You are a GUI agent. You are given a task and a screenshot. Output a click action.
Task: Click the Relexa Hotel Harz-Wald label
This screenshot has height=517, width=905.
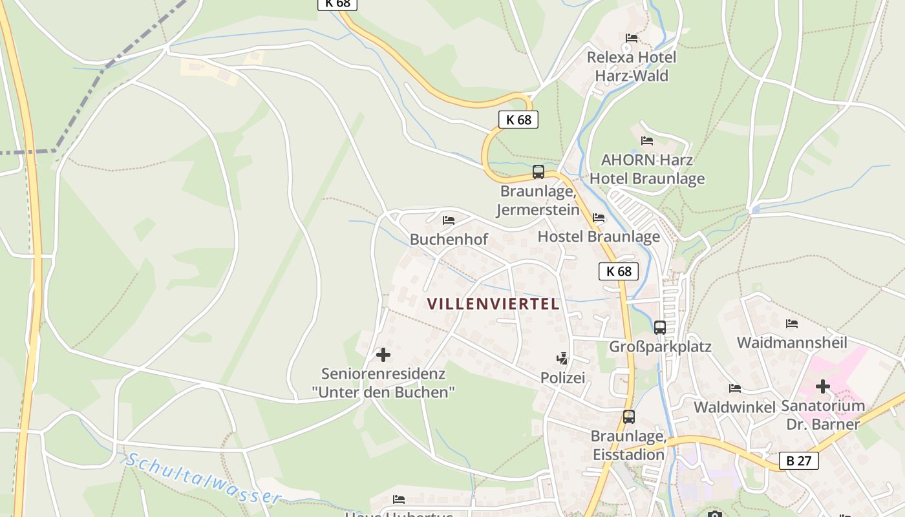click(x=632, y=67)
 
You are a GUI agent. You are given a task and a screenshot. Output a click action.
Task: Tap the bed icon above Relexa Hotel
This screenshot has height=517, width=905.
click(x=632, y=38)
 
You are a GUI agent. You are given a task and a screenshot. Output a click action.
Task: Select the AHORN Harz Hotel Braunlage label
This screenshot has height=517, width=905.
click(x=647, y=169)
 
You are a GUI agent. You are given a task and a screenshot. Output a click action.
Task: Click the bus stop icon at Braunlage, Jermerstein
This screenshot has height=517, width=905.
click(x=538, y=172)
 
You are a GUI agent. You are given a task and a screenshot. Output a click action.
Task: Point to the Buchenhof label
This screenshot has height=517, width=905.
click(x=449, y=240)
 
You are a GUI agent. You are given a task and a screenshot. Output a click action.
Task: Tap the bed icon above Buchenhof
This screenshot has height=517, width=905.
click(x=449, y=220)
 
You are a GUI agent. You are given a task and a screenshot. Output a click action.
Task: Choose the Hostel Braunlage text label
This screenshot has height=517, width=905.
click(x=599, y=237)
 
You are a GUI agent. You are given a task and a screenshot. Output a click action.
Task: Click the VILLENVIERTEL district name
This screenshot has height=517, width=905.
click(x=493, y=304)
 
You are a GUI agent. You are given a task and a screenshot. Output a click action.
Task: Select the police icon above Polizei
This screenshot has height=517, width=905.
click(x=562, y=359)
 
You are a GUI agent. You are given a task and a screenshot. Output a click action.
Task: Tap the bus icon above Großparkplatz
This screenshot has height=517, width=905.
click(x=660, y=328)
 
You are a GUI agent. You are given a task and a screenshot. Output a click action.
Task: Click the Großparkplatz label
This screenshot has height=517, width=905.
click(x=660, y=347)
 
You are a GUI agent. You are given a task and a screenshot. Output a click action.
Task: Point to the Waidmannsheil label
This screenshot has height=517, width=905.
click(x=792, y=343)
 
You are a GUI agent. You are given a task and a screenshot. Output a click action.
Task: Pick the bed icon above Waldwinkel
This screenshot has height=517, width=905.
click(x=735, y=388)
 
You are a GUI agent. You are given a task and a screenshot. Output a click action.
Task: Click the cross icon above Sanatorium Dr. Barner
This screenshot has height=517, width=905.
click(x=822, y=387)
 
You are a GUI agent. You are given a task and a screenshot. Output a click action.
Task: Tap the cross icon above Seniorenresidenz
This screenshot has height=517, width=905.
click(x=383, y=355)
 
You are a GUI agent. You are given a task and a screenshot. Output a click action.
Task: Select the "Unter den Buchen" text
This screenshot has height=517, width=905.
click(x=383, y=392)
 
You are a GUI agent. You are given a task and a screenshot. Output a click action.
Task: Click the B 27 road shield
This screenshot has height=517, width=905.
click(x=799, y=461)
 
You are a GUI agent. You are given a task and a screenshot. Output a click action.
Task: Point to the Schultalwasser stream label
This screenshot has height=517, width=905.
click(x=203, y=479)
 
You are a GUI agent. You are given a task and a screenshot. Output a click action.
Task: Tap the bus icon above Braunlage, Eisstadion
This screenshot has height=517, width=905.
click(x=629, y=417)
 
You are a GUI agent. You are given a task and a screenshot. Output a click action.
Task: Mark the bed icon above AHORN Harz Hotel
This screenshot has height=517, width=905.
click(x=647, y=141)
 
